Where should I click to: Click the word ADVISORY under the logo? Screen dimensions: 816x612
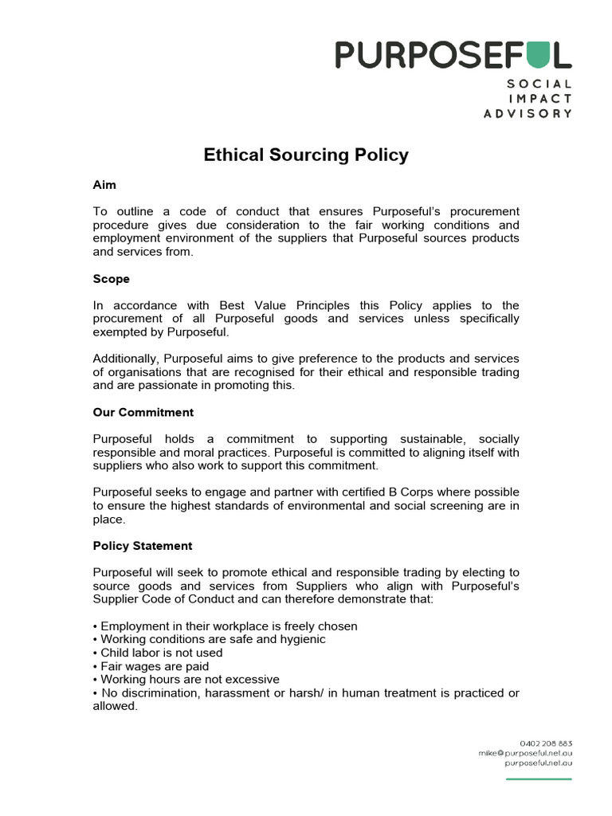(528, 113)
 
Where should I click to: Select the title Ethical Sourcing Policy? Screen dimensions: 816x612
(306, 155)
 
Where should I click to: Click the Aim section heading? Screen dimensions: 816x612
(104, 185)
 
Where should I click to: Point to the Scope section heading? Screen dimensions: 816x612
(111, 279)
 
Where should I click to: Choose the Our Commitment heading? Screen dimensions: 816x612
(143, 413)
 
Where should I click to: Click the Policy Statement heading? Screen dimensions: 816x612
(143, 546)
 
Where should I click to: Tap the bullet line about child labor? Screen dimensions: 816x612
(158, 653)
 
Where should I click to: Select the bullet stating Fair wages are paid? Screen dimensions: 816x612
(151, 666)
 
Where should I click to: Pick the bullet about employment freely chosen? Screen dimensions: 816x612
(226, 626)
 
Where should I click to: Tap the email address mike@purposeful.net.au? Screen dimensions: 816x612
(525, 752)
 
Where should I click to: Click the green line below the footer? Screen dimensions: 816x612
(539, 779)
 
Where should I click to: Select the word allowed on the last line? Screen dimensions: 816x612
(115, 706)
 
